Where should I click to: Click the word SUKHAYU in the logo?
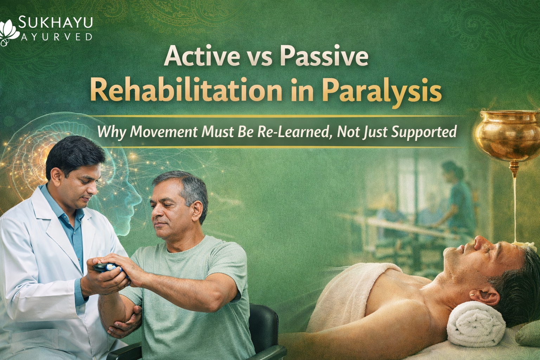pos(55,22)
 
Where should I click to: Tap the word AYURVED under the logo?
pos(57,36)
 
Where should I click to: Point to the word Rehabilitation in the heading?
pos(186,90)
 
